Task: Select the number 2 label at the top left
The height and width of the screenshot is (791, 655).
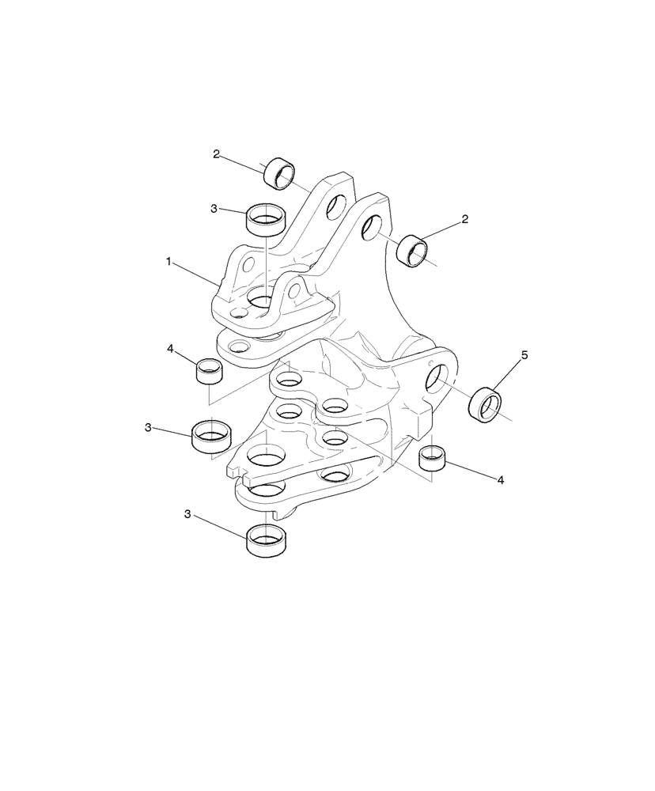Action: pyautogui.click(x=216, y=154)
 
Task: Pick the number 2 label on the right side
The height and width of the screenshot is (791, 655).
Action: pyautogui.click(x=465, y=219)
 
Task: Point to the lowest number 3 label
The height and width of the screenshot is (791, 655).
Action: pyautogui.click(x=187, y=514)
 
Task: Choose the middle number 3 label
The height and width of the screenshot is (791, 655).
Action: pyautogui.click(x=148, y=427)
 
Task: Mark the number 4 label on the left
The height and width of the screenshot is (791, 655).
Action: pyautogui.click(x=169, y=348)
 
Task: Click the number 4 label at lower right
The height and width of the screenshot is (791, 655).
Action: pyautogui.click(x=501, y=479)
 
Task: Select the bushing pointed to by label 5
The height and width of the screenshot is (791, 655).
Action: pyautogui.click(x=486, y=406)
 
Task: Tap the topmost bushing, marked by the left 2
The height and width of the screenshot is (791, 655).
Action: pyautogui.click(x=278, y=174)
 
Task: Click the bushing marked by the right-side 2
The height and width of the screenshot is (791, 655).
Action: pyautogui.click(x=413, y=251)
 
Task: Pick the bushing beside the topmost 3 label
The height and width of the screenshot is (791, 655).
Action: pyautogui.click(x=266, y=219)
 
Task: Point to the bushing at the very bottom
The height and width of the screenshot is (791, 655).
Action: pyautogui.click(x=265, y=542)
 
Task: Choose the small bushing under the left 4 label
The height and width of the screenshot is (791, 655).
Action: pyautogui.click(x=208, y=369)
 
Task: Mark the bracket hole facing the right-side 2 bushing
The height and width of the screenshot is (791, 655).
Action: pyautogui.click(x=369, y=230)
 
